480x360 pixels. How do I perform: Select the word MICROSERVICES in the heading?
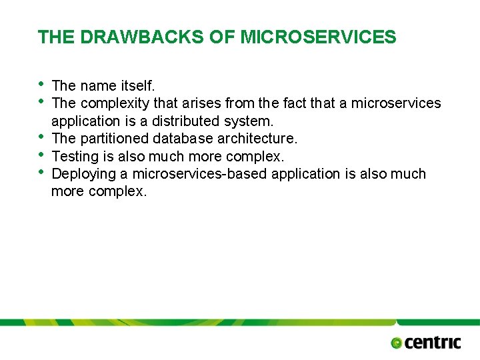tap(318, 37)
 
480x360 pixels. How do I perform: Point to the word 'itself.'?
tap(138, 85)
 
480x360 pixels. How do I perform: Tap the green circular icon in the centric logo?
tap(397, 343)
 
